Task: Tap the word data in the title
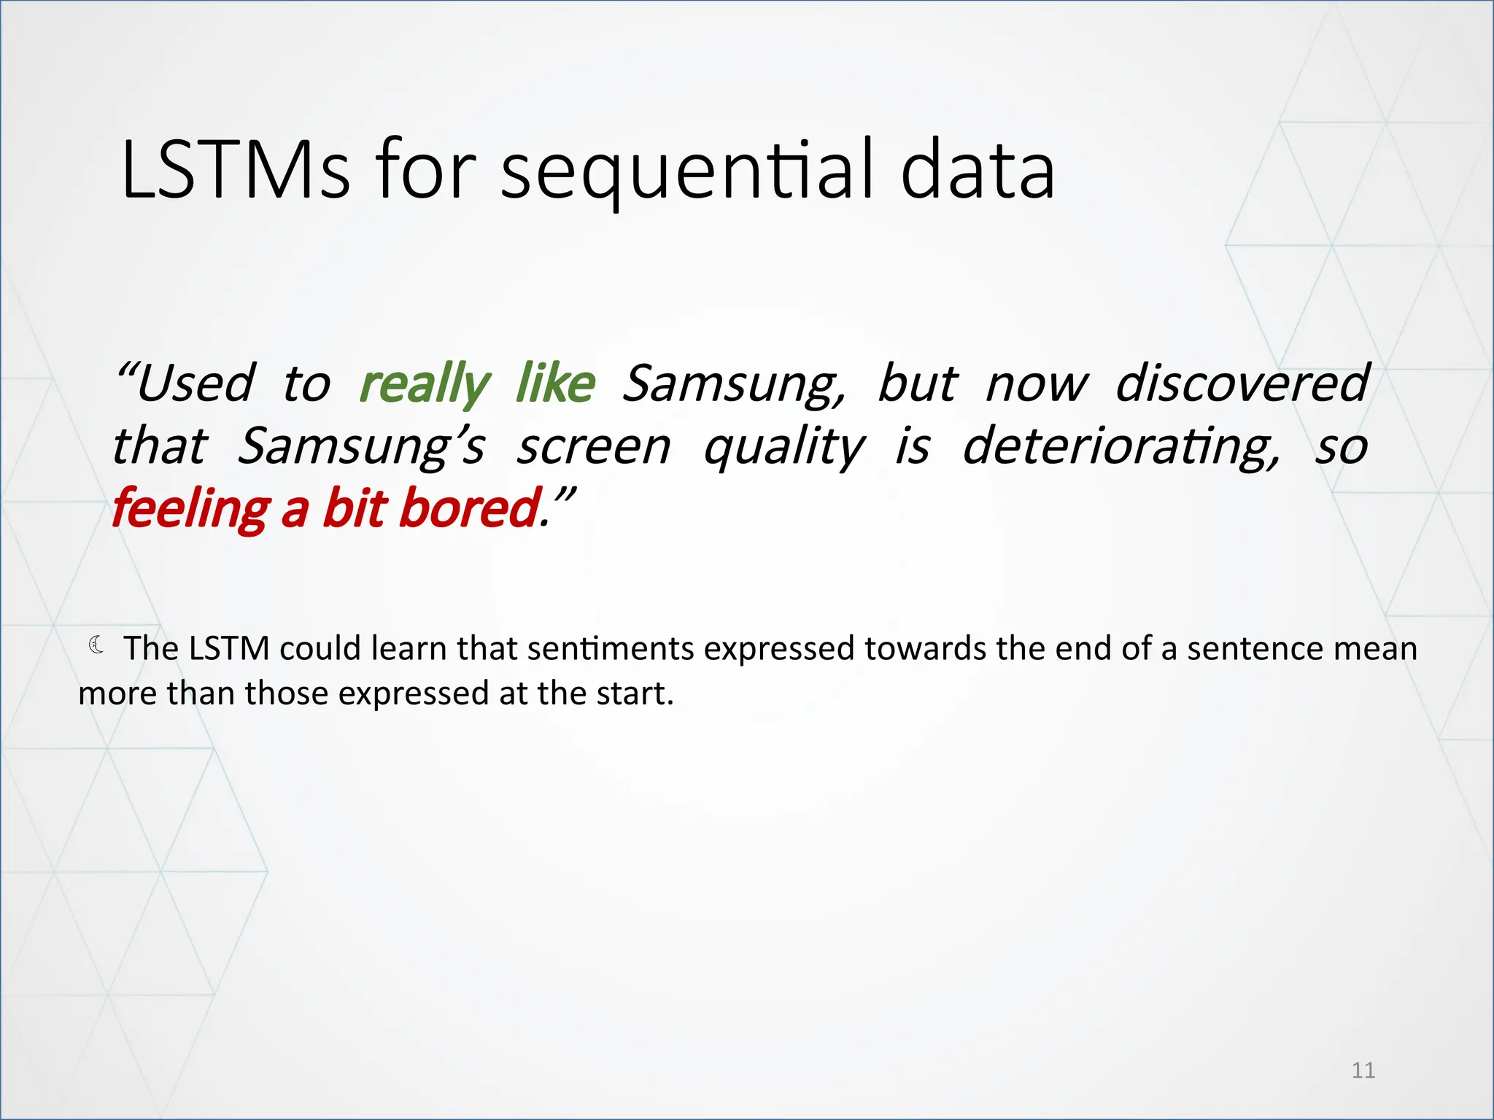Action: pyautogui.click(x=978, y=171)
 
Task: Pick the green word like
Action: pyautogui.click(x=555, y=384)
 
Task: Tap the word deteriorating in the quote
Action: pyautogui.click(x=1120, y=446)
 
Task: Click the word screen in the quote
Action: pyautogui.click(x=593, y=446)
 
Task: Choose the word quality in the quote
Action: pyautogui.click(x=784, y=446)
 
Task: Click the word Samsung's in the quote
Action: pyautogui.click(x=361, y=446)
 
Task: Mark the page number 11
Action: pyautogui.click(x=1363, y=1070)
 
